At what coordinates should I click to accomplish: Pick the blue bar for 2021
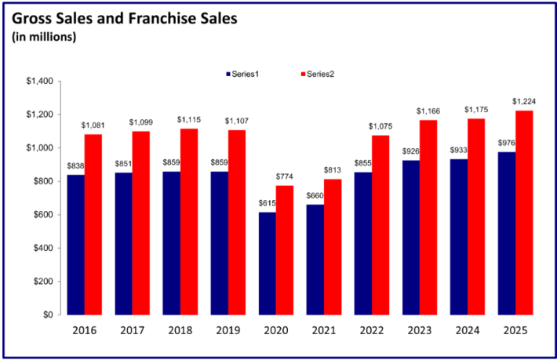315,260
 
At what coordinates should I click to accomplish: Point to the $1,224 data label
524,101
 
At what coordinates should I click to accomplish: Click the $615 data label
268,203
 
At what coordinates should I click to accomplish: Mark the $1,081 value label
93,125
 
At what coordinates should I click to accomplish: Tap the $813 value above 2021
333,170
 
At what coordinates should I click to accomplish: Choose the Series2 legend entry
315,74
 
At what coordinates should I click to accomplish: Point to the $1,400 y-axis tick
38,82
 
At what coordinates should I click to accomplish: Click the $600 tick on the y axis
42,215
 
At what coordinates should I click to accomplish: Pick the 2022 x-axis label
372,330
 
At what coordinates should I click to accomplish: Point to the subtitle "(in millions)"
44,37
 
